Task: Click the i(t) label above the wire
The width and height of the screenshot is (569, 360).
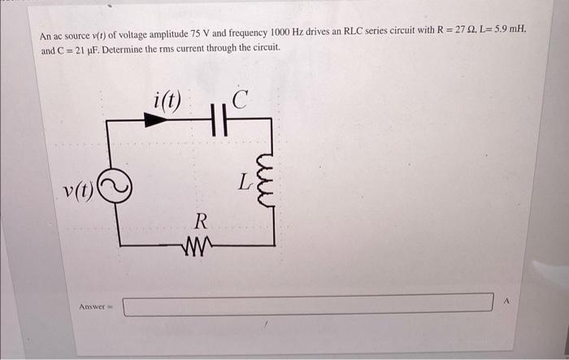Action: pyautogui.click(x=167, y=101)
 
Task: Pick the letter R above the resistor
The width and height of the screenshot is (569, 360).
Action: pyautogui.click(x=201, y=220)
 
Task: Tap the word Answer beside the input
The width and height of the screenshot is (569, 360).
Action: pyautogui.click(x=94, y=306)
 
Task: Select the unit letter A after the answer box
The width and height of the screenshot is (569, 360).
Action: pyautogui.click(x=506, y=301)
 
